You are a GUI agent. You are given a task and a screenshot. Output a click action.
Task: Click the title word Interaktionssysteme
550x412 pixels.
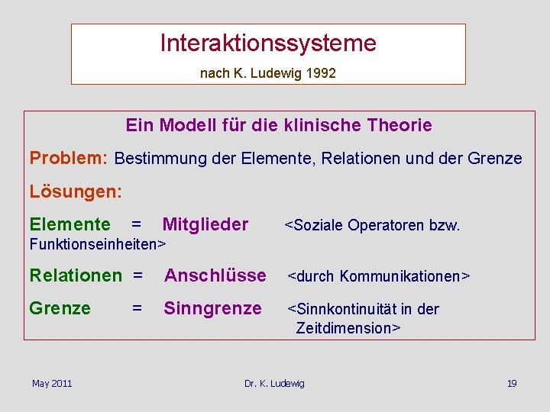[268, 43]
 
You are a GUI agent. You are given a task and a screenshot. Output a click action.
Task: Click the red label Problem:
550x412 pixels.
[69, 158]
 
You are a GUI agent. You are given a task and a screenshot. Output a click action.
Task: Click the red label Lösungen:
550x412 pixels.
[76, 192]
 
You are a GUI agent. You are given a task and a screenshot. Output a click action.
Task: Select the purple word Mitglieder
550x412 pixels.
[205, 224]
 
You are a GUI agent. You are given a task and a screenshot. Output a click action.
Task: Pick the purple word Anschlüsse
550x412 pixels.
[215, 275]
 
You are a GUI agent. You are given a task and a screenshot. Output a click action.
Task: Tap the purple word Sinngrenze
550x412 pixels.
[213, 309]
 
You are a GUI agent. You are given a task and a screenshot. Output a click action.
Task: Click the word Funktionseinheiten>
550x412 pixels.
[97, 244]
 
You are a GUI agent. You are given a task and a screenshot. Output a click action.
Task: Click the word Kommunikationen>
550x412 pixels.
[405, 276]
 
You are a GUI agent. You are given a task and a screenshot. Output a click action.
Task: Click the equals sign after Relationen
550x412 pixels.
[137, 275]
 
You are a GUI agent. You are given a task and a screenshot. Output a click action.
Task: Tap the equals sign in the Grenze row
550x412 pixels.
[137, 309]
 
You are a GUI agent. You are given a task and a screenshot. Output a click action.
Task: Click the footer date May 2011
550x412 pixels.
[52, 383]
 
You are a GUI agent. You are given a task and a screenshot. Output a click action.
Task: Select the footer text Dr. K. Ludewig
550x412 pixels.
[274, 383]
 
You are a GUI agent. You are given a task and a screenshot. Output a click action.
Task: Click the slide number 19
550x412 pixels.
[512, 383]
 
